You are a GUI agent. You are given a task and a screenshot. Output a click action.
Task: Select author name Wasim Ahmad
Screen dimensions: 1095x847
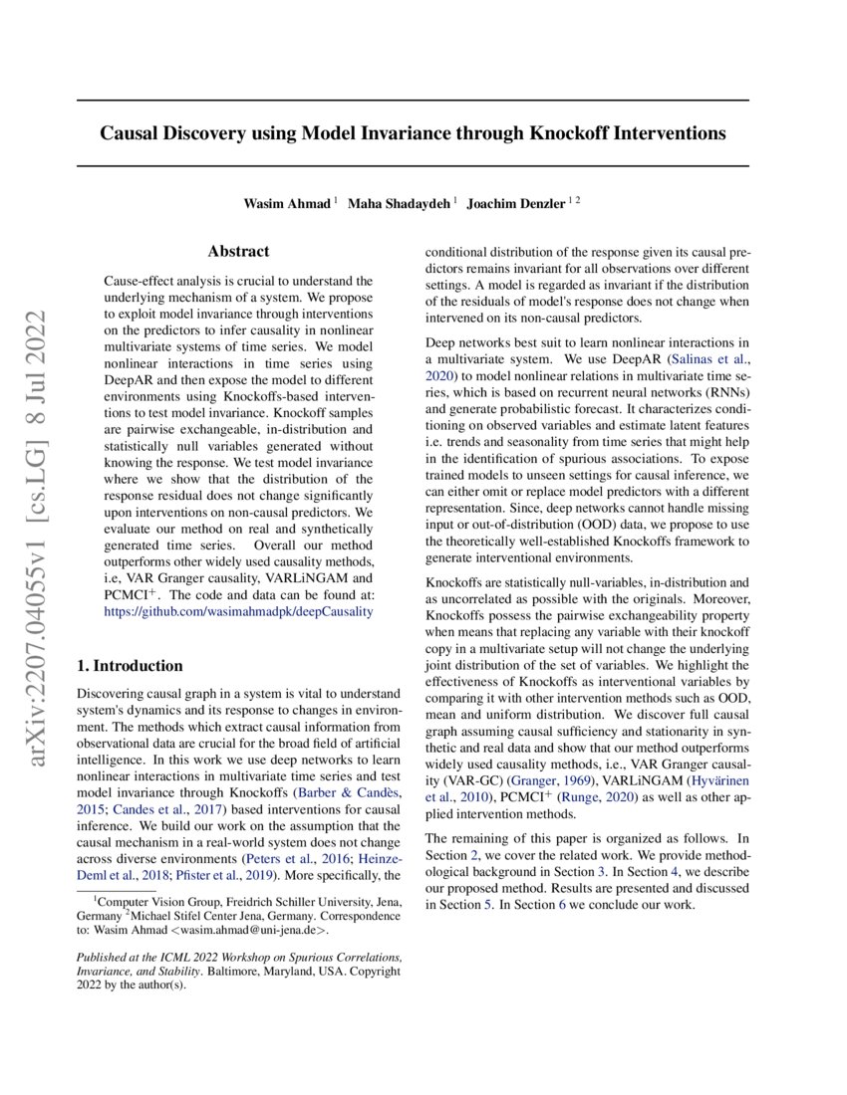coord(288,204)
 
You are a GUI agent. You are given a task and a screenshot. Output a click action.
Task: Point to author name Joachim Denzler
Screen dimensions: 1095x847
coord(515,204)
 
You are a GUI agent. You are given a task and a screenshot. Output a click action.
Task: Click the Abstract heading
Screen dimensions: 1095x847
coord(238,252)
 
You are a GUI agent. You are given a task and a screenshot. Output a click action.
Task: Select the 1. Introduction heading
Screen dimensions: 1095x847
coord(130,666)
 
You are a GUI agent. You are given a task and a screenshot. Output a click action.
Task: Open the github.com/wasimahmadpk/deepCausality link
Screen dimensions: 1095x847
coord(239,611)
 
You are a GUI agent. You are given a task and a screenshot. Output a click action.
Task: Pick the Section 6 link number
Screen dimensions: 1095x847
coord(563,905)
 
